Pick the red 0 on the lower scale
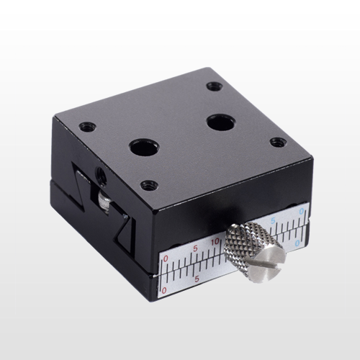pos(166,289)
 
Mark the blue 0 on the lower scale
pos(298,243)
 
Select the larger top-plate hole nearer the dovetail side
pos(140,148)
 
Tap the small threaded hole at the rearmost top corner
pos(214,86)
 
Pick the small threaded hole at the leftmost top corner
pos(86,127)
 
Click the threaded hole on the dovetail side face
pos(99,173)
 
